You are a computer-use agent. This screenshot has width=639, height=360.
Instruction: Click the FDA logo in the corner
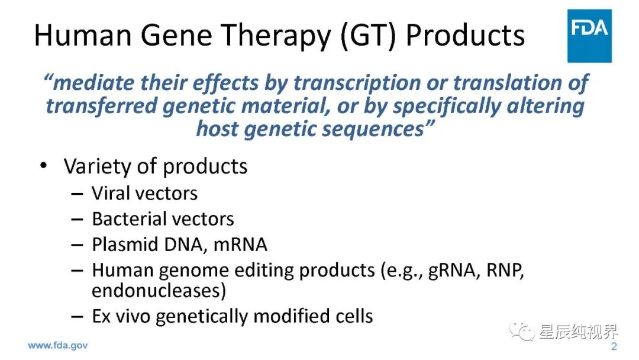(589, 36)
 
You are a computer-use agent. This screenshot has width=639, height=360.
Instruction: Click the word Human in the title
(83, 35)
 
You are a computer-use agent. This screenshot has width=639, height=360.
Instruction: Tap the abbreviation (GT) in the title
(368, 36)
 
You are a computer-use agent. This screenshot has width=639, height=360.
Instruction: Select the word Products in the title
(466, 35)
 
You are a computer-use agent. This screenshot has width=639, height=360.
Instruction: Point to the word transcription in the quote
(357, 83)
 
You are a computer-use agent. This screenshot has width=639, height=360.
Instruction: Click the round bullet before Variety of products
(44, 166)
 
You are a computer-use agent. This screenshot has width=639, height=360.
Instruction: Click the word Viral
(110, 193)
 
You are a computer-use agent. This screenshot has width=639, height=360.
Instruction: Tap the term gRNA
(451, 271)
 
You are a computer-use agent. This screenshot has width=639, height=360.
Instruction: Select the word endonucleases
(156, 291)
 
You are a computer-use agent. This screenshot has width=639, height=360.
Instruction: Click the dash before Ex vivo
(77, 316)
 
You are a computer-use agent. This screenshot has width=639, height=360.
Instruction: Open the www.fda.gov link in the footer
(57, 346)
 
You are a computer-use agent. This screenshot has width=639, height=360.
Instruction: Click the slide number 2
(614, 346)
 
